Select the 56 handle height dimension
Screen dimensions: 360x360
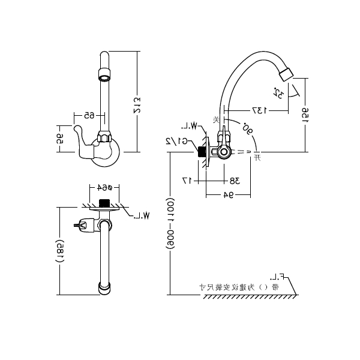[x=60, y=139]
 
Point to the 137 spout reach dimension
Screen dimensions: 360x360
[x=259, y=110]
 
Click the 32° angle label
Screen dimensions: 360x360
[x=278, y=92]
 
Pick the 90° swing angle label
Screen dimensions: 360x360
[x=247, y=128]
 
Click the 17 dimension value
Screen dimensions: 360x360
[x=186, y=180]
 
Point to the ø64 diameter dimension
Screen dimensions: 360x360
[x=106, y=187]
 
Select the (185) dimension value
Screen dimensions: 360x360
[x=60, y=254]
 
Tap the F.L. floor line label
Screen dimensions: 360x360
[x=277, y=277]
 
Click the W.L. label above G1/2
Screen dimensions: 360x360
[x=190, y=126]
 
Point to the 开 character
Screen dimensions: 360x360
[x=257, y=158]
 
